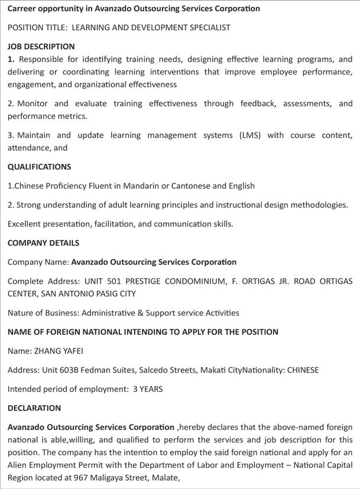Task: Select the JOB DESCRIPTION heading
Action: [41, 46]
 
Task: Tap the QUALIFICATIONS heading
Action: [39, 167]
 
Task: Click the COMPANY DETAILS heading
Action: [43, 242]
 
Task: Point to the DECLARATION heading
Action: [34, 408]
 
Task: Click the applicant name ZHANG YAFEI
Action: [57, 351]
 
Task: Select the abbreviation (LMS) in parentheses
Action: [250, 135]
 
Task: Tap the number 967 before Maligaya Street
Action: [83, 478]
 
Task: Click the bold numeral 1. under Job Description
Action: [11, 59]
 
